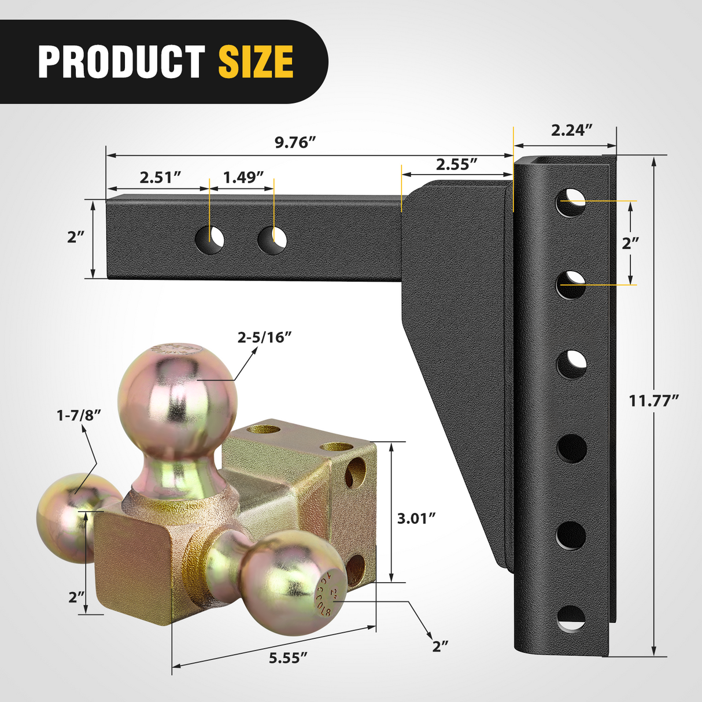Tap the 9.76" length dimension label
click(x=295, y=142)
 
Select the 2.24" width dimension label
click(x=571, y=130)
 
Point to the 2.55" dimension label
click(x=456, y=164)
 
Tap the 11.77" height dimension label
click(x=653, y=400)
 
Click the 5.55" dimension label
click(x=287, y=657)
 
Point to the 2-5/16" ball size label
click(x=264, y=337)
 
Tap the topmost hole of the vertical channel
click(x=571, y=202)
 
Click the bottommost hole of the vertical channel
click(x=571, y=619)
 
